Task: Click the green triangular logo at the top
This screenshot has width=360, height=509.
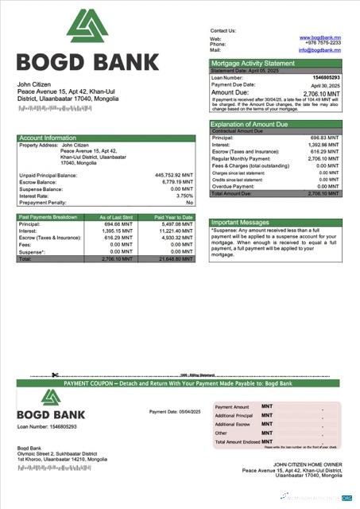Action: click(x=87, y=25)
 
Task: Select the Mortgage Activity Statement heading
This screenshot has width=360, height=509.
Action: click(x=252, y=63)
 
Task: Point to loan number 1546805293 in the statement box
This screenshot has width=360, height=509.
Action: click(x=327, y=77)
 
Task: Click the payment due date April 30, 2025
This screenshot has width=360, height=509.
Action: click(x=326, y=84)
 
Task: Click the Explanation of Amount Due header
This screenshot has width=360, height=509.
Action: click(x=250, y=124)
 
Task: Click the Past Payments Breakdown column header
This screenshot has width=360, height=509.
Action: click(x=48, y=217)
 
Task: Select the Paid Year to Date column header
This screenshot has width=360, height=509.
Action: click(x=172, y=217)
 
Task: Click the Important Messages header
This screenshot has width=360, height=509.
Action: click(x=242, y=223)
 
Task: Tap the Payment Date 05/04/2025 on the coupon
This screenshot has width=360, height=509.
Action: click(x=175, y=411)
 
